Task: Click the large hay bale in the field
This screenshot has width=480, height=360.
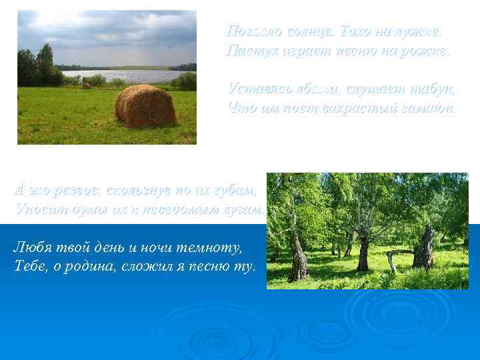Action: [x=145, y=105]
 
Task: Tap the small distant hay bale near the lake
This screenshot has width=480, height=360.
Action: [x=86, y=86]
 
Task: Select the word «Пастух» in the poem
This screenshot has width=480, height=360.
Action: [x=249, y=50]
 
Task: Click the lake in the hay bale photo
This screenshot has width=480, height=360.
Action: [x=120, y=75]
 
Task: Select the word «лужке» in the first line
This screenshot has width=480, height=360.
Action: [x=419, y=31]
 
